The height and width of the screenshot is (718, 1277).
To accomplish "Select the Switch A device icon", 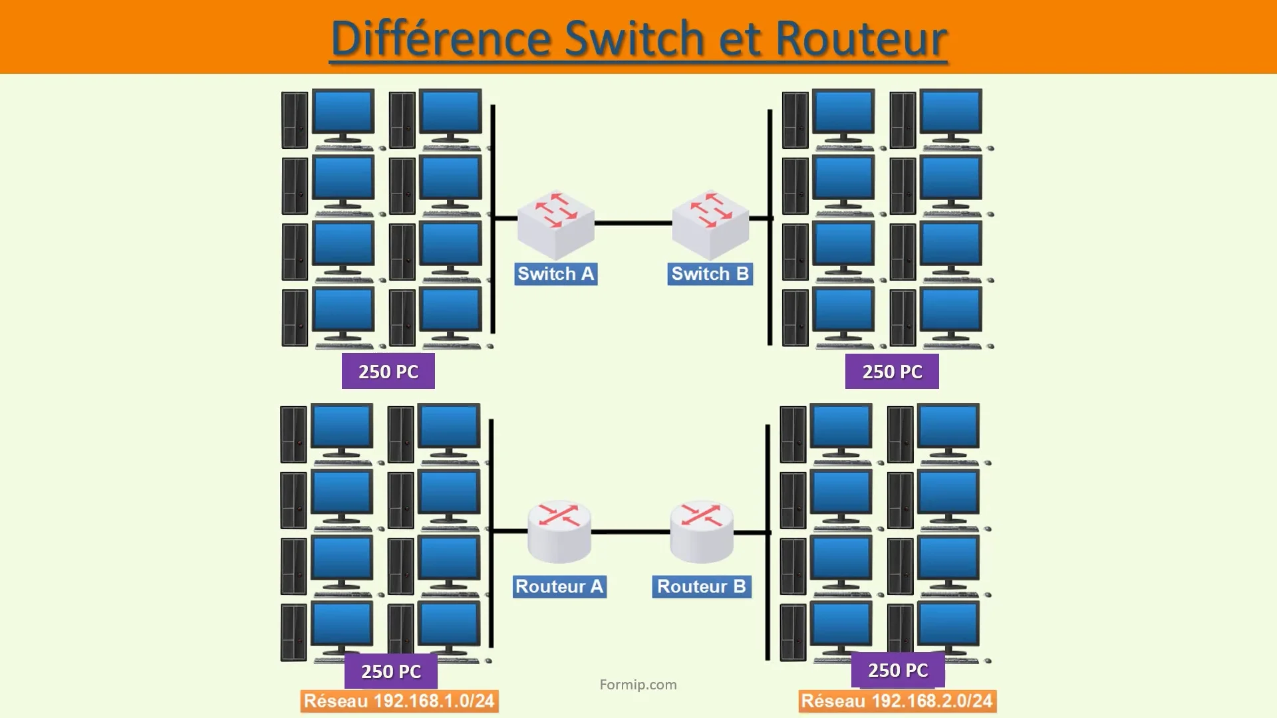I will pos(555,225).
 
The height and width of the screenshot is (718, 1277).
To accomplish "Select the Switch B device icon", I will pos(710,225).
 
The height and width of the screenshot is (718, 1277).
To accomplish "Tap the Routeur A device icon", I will pos(559,532).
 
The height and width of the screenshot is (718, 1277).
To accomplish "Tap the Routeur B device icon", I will pos(702,532).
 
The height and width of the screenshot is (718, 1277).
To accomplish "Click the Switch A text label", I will pos(555,274).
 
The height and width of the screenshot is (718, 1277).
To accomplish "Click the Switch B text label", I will pos(710,274).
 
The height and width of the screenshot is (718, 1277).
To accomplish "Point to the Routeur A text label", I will pos(559,586).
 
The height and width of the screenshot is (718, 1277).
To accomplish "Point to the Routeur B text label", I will pos(702,586).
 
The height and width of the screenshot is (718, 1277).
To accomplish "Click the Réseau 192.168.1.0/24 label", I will pos(399,701).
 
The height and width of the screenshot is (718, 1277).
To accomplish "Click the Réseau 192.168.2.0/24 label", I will pos(897,701).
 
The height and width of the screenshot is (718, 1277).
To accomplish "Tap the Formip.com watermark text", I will pos(638,685).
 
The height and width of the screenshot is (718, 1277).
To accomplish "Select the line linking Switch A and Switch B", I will pos(633,223).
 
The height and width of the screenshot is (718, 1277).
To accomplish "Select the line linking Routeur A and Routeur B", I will pos(631,532).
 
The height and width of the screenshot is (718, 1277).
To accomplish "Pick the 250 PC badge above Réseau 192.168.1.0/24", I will pos(391,671).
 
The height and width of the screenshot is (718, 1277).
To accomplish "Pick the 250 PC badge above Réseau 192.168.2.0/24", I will pos(898,670).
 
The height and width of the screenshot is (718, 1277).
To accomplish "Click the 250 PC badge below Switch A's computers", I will pos(388,372).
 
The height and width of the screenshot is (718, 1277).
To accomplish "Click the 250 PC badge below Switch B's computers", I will pos(892,372).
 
